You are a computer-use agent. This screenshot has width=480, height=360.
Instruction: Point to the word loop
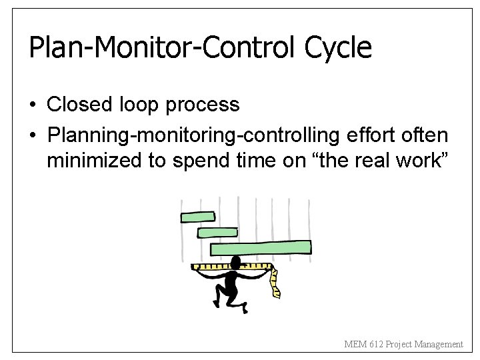tap(139, 105)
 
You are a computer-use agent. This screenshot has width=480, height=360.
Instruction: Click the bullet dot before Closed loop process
tap(33, 105)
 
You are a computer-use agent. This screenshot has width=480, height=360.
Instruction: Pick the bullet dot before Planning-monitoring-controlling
tap(33, 136)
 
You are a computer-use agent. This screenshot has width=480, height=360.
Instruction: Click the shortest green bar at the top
tap(198, 217)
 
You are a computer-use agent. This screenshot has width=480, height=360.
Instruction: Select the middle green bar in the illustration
tap(217, 233)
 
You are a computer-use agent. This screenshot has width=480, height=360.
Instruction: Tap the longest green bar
tap(261, 248)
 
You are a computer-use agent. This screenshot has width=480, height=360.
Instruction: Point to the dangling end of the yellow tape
tap(275, 291)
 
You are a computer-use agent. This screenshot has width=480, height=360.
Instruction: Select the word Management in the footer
tap(438, 345)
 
